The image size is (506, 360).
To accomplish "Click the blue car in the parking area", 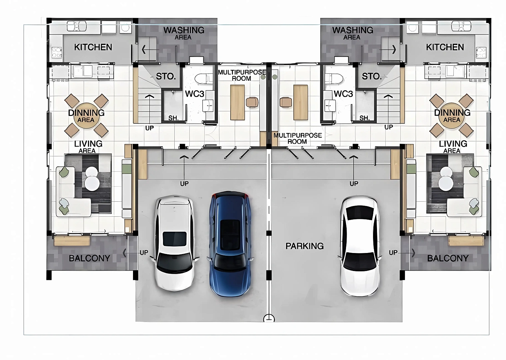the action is (230, 244).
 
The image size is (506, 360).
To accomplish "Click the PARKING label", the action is (305, 246).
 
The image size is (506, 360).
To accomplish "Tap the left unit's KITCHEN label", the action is (93, 47).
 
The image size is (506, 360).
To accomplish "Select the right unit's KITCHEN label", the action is (445, 47).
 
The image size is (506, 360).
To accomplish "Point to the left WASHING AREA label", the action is (184, 33).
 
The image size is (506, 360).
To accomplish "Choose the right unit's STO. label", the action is (372, 76).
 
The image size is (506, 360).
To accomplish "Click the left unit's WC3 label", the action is (195, 94).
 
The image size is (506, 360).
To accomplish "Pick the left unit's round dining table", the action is (87, 116).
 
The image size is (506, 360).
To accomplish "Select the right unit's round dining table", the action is (452, 116).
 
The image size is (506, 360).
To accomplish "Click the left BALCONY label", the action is (89, 258).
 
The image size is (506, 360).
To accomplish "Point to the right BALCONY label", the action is (448, 258).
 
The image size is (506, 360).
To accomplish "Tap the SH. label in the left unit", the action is (173, 118).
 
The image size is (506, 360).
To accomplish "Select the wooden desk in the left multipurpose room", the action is (237, 102).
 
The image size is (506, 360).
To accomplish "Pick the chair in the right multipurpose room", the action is (286, 102).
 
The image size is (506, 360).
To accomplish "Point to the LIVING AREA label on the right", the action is (453, 147).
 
